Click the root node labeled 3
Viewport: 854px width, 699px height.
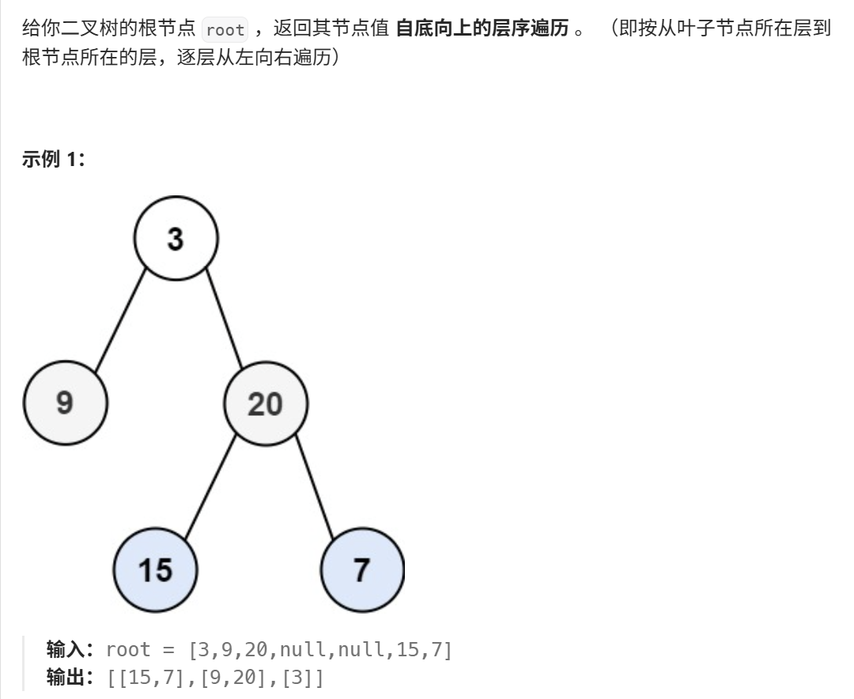tap(176, 239)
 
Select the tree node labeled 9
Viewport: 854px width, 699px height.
tap(65, 403)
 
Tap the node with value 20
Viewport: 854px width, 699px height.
tap(265, 404)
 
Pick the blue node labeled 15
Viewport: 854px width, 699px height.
tap(155, 569)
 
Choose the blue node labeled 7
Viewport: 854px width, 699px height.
tap(362, 569)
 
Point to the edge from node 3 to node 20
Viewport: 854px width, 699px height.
tap(224, 320)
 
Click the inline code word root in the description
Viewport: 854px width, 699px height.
tap(225, 31)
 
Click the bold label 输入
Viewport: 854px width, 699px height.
tap(68, 650)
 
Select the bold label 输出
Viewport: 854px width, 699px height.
tap(68, 678)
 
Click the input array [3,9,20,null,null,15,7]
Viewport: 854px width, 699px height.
tap(319, 650)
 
